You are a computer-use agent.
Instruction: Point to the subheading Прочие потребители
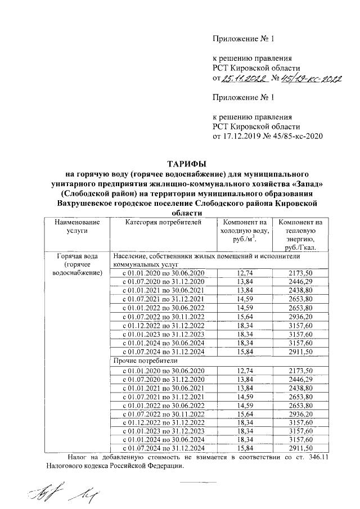pos(145,360)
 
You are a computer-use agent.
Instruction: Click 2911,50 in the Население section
pos(300,352)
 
